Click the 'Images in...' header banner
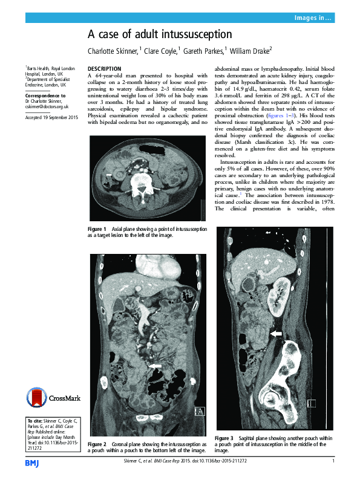pos(312,19)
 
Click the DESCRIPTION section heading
pos(105,68)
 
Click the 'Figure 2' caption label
pos(97,444)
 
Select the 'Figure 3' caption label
pos(224,438)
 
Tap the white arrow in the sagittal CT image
pos(276,333)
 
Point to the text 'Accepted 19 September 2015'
pos(51,117)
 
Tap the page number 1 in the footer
pos(333,462)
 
